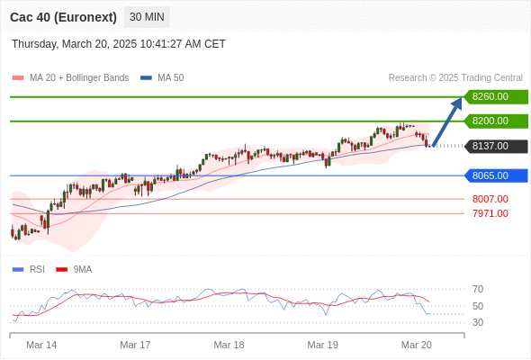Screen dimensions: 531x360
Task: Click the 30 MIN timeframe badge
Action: pyautogui.click(x=147, y=17)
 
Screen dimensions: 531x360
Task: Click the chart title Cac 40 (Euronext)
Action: pyautogui.click(x=63, y=17)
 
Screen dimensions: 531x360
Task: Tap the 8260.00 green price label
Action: pyautogui.click(x=496, y=97)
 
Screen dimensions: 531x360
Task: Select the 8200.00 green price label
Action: pyautogui.click(x=496, y=121)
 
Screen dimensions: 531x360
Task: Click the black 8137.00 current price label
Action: pyautogui.click(x=496, y=147)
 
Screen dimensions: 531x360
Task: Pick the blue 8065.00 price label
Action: pyautogui.click(x=496, y=175)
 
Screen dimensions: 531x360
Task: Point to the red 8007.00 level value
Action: pyautogui.click(x=490, y=199)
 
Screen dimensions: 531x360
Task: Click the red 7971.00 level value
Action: pyautogui.click(x=490, y=213)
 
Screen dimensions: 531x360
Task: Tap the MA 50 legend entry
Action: pyautogui.click(x=162, y=78)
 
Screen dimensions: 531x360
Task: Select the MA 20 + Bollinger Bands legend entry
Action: pyautogui.click(x=70, y=78)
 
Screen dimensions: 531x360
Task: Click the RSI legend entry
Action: pyautogui.click(x=29, y=270)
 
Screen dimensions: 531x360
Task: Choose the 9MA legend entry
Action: pyautogui.click(x=74, y=270)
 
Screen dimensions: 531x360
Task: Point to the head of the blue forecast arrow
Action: pyautogui.click(x=462, y=98)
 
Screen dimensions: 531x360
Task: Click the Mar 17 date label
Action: pyautogui.click(x=135, y=345)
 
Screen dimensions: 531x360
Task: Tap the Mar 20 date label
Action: pyautogui.click(x=416, y=345)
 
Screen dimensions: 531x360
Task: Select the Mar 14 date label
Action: pyautogui.click(x=41, y=345)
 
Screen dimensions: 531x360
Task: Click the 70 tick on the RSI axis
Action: pyautogui.click(x=478, y=289)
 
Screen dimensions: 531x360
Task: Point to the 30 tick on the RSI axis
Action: pyautogui.click(x=478, y=322)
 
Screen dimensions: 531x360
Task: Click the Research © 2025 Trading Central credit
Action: pyautogui.click(x=455, y=78)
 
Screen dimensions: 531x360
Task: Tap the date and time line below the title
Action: pyautogui.click(x=119, y=44)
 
